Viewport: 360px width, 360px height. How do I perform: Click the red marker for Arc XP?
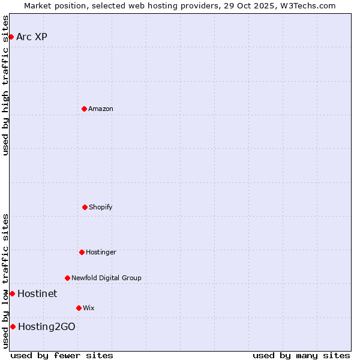coord(11,37)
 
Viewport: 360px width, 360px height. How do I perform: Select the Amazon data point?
coord(84,109)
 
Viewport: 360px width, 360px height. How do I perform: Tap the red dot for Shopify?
coord(85,207)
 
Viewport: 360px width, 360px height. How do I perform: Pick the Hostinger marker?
coord(82,252)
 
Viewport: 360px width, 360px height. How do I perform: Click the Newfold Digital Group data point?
coord(67,278)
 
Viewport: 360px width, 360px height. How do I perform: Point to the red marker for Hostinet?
coord(12,293)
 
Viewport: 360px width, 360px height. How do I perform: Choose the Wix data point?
coord(79,308)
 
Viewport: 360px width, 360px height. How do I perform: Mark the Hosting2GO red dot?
coord(13,326)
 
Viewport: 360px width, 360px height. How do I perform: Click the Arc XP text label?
coord(32,37)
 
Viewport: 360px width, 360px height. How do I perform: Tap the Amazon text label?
coord(101,109)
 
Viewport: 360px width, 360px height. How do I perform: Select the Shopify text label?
coord(101,207)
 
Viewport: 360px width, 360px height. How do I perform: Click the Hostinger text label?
coord(101,252)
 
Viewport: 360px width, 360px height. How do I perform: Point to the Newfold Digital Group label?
coord(106,278)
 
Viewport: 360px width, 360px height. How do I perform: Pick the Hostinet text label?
coord(37,293)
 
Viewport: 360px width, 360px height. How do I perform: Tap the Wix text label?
coord(89,308)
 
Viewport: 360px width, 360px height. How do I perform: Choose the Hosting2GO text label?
coord(47,326)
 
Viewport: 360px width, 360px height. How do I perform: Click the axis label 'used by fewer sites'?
coord(62,355)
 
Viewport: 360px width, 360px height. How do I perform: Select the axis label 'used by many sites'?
coord(301,355)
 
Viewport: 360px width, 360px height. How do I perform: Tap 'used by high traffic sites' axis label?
coord(5,85)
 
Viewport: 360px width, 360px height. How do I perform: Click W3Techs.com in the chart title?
coord(306,5)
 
